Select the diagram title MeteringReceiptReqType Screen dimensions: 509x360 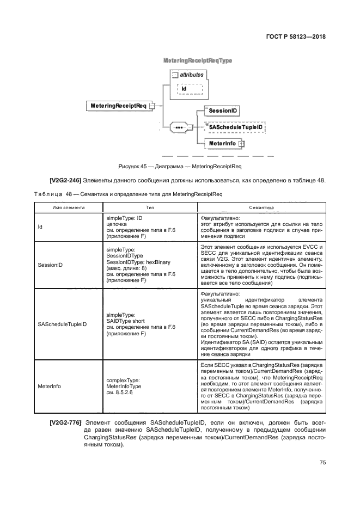click(x=198, y=60)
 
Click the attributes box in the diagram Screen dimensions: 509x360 click(x=191, y=74)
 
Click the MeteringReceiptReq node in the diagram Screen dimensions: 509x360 click(x=118, y=106)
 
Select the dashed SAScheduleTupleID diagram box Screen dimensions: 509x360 click(x=233, y=127)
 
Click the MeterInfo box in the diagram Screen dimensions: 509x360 click(x=221, y=144)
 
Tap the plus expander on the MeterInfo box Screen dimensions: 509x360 click(x=240, y=144)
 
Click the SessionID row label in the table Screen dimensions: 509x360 click(x=50, y=265)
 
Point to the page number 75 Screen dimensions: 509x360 click(x=322, y=463)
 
